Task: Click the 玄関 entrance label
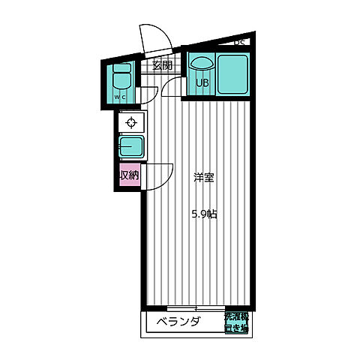pos(162,65)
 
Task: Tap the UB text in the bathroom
pos(202,82)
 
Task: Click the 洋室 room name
pos(203,178)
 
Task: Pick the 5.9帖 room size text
pos(203,214)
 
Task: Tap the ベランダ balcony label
pos(178,322)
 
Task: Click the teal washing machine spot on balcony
pos(236,322)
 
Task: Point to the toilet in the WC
pos(121,80)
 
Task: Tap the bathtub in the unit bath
pos(233,74)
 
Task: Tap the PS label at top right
pos(240,43)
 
